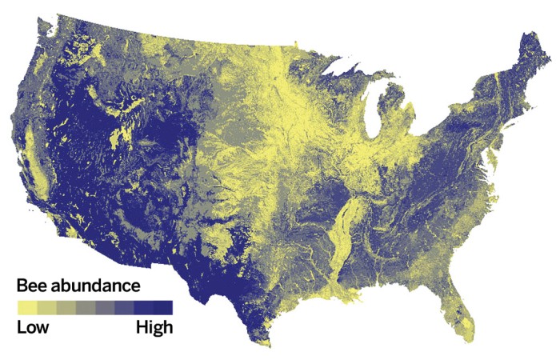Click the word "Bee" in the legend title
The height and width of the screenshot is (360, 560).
[x=34, y=286]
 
